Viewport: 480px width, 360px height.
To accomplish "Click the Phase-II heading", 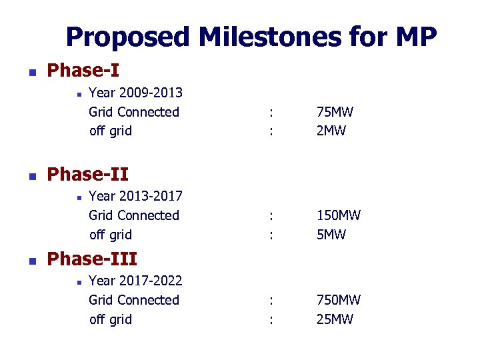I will pos(88,174).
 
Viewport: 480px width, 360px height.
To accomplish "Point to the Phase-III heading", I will pos(92,258).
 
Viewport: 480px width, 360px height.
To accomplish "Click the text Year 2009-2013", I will pos(135,93).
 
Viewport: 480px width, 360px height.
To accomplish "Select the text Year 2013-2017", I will pos(135,196).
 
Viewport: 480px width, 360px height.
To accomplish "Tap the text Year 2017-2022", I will pos(135,281).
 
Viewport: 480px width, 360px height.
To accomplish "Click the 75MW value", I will pos(335,112).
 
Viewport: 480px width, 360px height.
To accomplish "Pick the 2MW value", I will pos(331,131).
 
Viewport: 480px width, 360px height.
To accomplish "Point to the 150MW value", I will pos(339,215).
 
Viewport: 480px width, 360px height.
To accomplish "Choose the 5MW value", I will pos(331,235).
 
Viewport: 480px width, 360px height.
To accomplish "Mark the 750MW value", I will pos(339,300).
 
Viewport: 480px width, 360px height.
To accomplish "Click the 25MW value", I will pos(335,319).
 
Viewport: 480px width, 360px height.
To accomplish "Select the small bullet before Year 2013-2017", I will pos(78,197).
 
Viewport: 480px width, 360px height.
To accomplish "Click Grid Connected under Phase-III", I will pos(134,300).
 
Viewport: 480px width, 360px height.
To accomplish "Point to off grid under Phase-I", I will pos(111,131).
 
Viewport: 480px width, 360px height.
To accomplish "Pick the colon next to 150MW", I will pos(270,215).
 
